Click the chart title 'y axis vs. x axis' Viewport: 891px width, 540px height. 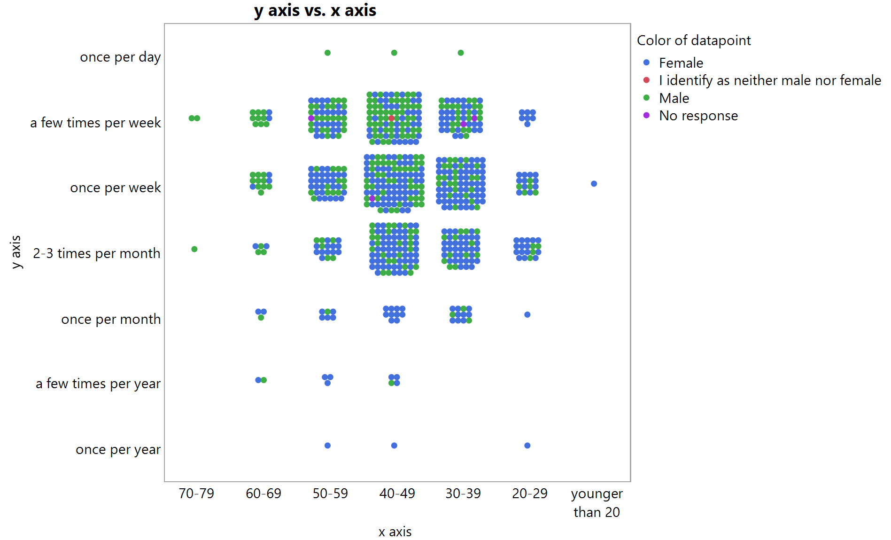coord(315,10)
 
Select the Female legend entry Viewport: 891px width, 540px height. coord(681,63)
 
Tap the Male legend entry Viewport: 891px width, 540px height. coord(674,98)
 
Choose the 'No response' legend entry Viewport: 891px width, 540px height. coord(698,116)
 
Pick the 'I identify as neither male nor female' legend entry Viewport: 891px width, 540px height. coord(769,80)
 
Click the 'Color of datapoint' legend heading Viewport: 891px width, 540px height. coord(693,40)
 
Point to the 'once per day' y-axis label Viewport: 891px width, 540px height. coord(120,57)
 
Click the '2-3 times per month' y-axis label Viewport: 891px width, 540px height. coord(97,253)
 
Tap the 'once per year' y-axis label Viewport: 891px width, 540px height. coord(118,450)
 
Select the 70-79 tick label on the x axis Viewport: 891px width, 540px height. coord(196,493)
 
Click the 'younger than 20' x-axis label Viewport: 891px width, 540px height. coord(597,502)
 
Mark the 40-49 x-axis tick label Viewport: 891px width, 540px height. coord(397,493)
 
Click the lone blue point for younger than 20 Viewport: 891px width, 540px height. coord(594,184)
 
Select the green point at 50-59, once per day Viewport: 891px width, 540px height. coord(327,53)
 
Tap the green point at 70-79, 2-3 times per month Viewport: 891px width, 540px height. coord(194,249)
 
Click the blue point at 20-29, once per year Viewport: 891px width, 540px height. coord(527,446)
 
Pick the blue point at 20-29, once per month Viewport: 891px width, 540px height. coord(527,314)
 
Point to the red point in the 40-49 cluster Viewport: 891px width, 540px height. coord(391,118)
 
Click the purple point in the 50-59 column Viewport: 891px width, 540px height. coord(311,118)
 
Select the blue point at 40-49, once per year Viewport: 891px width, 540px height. coord(394,446)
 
